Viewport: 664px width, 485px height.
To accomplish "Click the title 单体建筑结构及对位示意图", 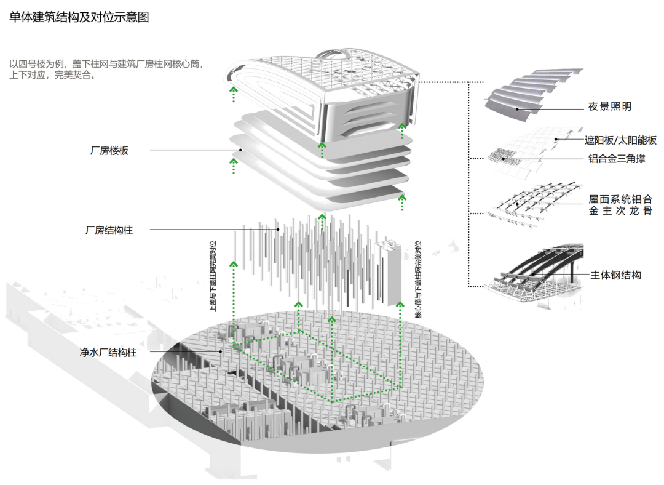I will pos(79,17).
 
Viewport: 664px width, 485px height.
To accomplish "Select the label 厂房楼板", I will pos(108,150).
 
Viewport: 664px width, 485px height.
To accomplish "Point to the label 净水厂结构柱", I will pos(108,352).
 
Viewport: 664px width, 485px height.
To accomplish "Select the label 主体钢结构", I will pos(615,275).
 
